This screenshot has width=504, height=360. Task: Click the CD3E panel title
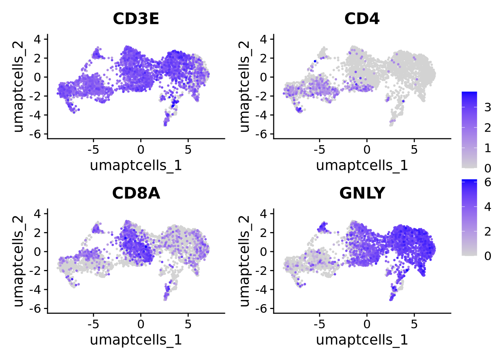pos(136,19)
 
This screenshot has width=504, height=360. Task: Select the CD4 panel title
pos(362,19)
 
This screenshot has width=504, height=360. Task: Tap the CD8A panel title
pos(136,193)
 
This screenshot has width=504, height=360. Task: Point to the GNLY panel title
pos(362,193)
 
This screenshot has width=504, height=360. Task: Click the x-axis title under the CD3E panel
pos(136,165)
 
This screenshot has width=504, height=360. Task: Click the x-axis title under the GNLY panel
pos(362,340)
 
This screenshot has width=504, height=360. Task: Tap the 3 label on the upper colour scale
pos(487,108)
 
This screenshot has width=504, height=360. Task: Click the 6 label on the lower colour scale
pos(487,182)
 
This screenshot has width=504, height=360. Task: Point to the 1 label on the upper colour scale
pos(487,148)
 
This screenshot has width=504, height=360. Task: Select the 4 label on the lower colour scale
pos(487,207)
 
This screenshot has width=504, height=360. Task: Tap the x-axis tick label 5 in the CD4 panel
pos(414,150)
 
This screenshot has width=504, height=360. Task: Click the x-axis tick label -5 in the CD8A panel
pos(93,324)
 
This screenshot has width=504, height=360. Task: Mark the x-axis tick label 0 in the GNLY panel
pos(367,324)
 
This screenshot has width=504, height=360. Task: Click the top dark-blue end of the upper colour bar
pos(469,93)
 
